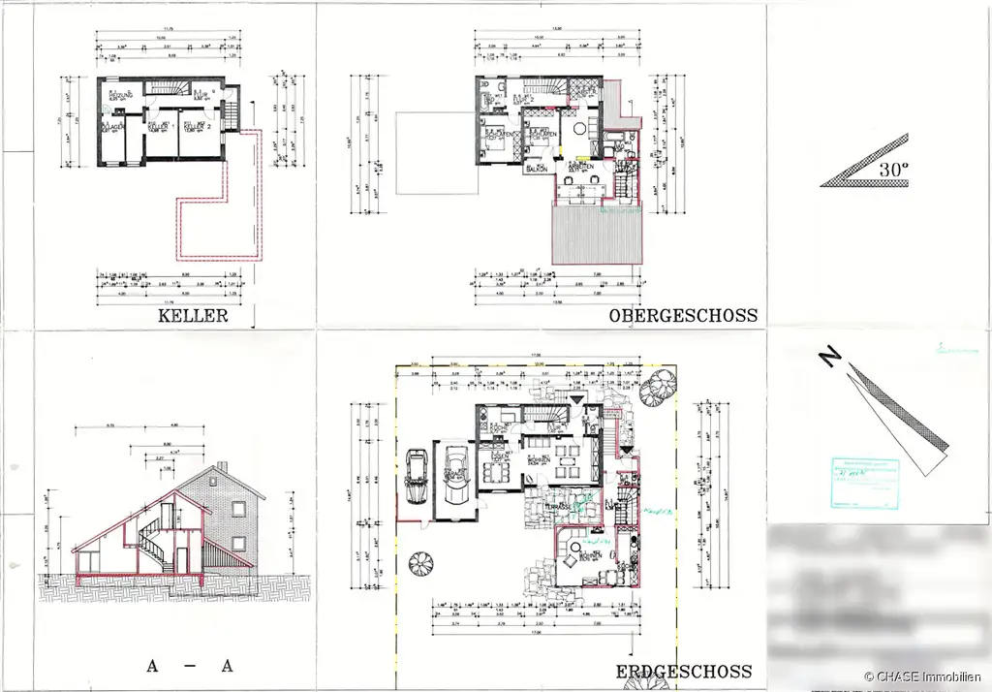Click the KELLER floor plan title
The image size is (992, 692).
[193, 316]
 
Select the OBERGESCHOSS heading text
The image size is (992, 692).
[683, 316]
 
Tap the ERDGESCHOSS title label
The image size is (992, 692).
[684, 672]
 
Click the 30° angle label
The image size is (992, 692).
[894, 168]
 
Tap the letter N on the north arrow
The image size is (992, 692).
[829, 358]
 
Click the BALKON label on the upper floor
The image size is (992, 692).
[536, 168]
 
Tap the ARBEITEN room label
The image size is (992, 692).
[580, 166]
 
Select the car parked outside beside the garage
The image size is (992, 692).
[416, 475]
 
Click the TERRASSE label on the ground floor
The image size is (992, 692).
[556, 506]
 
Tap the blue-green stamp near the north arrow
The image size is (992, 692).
[861, 482]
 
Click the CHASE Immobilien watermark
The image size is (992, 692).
[924, 676]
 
